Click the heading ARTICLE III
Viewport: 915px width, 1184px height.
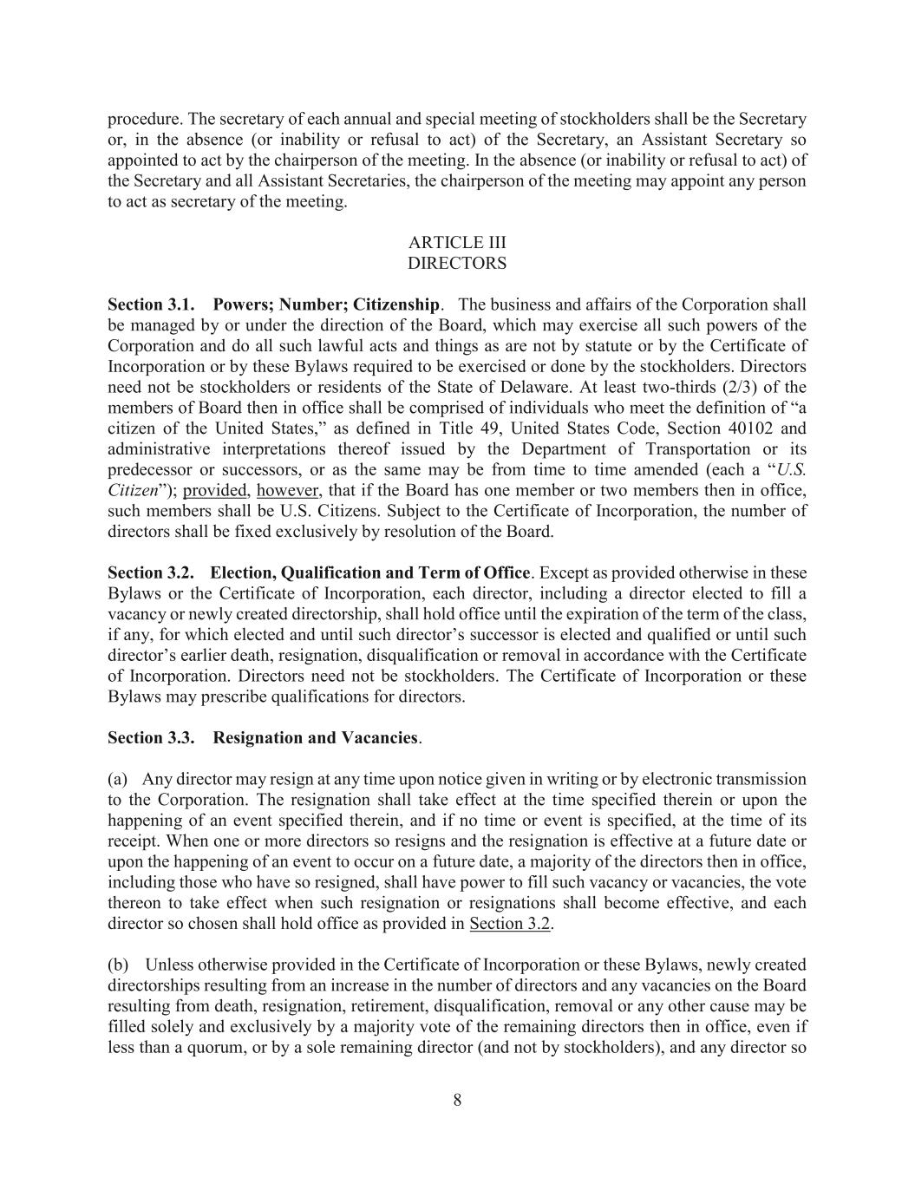pyautogui.click(x=457, y=243)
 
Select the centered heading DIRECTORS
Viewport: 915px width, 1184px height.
pyautogui.click(x=457, y=263)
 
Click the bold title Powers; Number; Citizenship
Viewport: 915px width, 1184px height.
pyautogui.click(x=326, y=305)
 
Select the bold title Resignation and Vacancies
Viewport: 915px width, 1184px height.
pyautogui.click(x=316, y=738)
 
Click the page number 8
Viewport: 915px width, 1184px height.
pyautogui.click(x=457, y=1101)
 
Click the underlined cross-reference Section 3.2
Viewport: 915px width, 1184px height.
pyautogui.click(x=510, y=924)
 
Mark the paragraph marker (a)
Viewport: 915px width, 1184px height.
pyautogui.click(x=118, y=779)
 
